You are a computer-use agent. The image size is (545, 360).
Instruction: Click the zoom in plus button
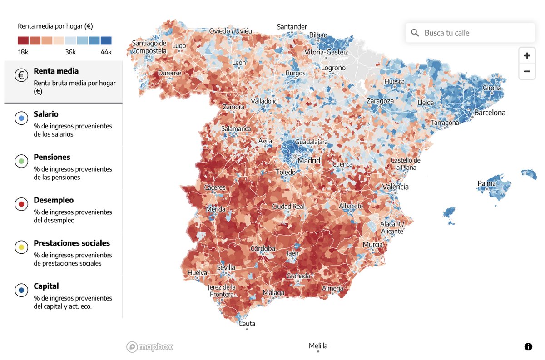tap(527, 56)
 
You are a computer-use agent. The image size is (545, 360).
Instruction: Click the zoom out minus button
tap(527, 71)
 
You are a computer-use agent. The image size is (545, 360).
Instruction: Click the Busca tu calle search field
tap(470, 33)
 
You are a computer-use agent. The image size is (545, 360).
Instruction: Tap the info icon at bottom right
tap(528, 347)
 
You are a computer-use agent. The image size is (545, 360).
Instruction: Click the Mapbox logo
tap(149, 347)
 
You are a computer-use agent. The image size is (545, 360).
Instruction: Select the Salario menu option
tap(46, 114)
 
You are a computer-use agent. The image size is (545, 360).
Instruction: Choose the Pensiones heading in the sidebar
tap(52, 157)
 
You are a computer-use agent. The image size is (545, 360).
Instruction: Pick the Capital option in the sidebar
tap(46, 286)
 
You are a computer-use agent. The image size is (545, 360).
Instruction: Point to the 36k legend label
tap(70, 52)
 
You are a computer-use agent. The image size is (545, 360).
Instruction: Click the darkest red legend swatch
tap(24, 40)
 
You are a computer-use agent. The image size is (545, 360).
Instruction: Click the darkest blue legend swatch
tap(106, 40)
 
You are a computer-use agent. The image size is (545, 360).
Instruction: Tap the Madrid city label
tap(309, 160)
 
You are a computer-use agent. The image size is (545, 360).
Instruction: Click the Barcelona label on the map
tap(490, 113)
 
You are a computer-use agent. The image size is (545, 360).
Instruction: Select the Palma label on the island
tap(486, 183)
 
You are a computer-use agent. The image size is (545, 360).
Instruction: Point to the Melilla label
tap(318, 345)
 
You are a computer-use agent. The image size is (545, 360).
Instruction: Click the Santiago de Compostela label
tap(149, 47)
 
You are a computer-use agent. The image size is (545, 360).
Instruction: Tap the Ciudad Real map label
tap(288, 207)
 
